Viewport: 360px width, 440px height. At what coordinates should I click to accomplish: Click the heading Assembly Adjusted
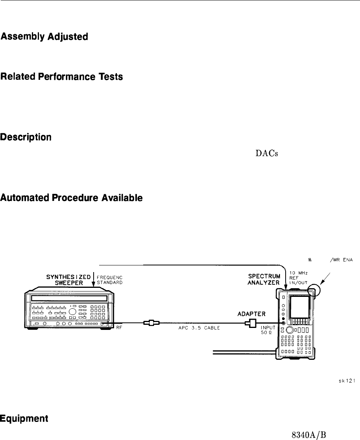[x=44, y=37]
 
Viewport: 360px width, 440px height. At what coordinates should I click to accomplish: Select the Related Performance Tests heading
[x=61, y=77]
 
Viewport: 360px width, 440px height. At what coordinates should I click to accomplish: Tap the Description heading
[x=26, y=137]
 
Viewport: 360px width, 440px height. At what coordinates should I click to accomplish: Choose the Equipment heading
[x=24, y=405]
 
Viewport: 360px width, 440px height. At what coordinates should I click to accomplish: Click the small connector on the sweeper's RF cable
[x=151, y=323]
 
